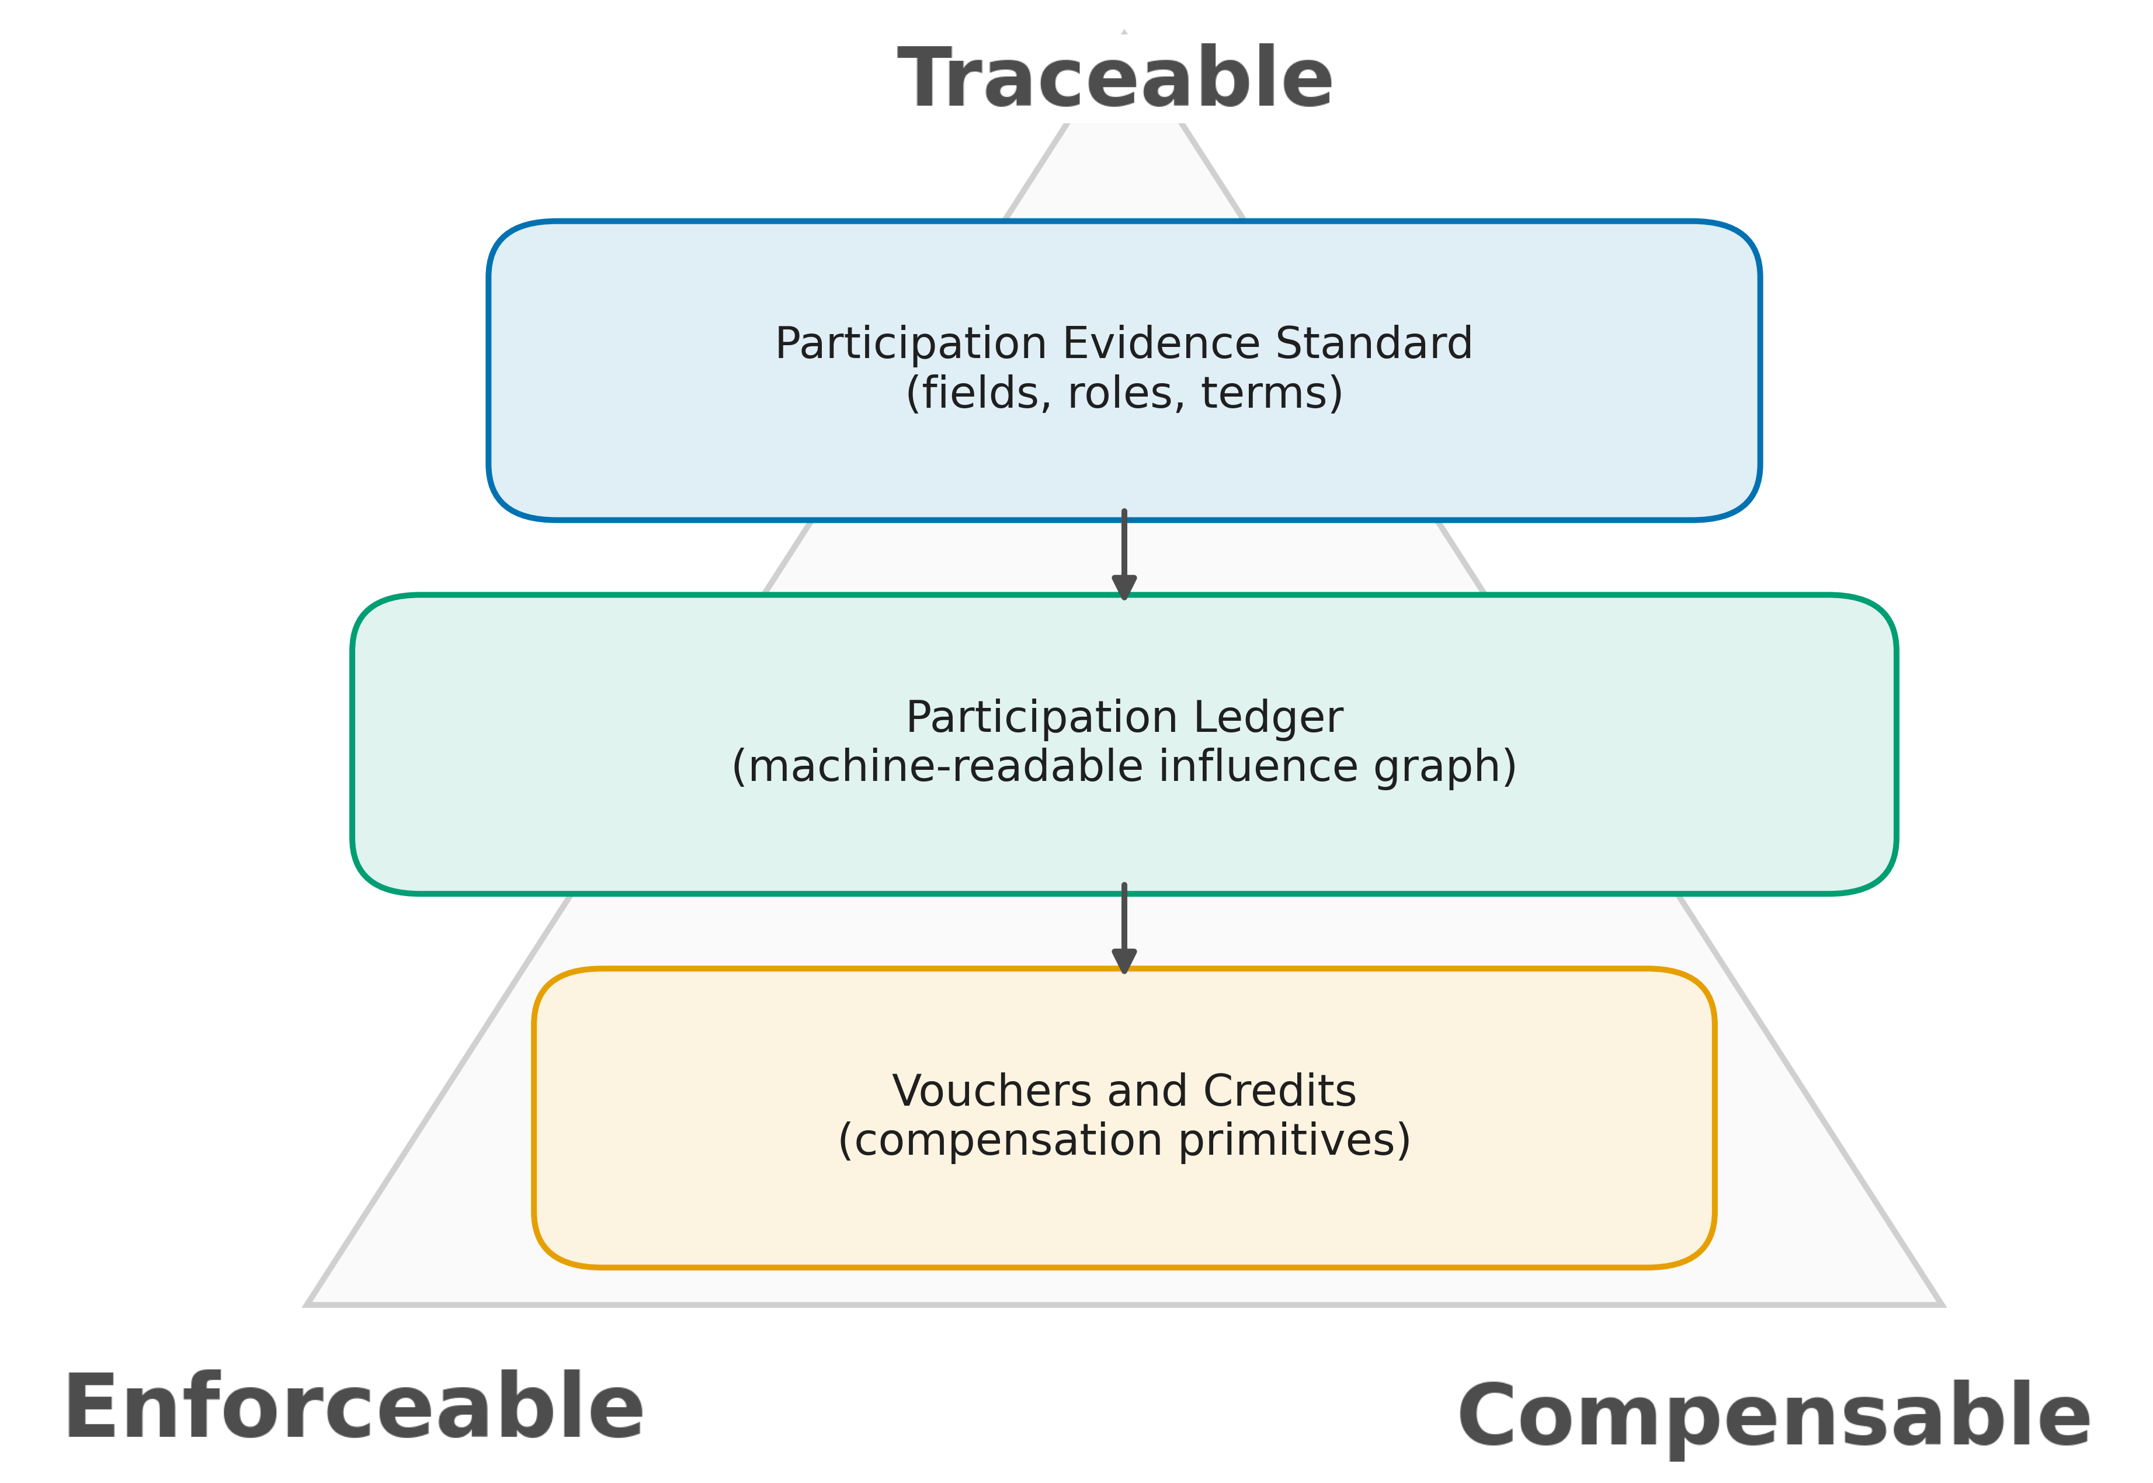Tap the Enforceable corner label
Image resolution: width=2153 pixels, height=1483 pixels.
click(353, 1407)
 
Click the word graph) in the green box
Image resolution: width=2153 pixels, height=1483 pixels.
click(1445, 766)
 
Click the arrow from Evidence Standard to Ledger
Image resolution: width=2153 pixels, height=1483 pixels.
click(1124, 555)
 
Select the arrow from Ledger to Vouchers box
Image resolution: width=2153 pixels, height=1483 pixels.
click(1124, 929)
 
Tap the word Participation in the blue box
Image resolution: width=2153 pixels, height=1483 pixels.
click(911, 344)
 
